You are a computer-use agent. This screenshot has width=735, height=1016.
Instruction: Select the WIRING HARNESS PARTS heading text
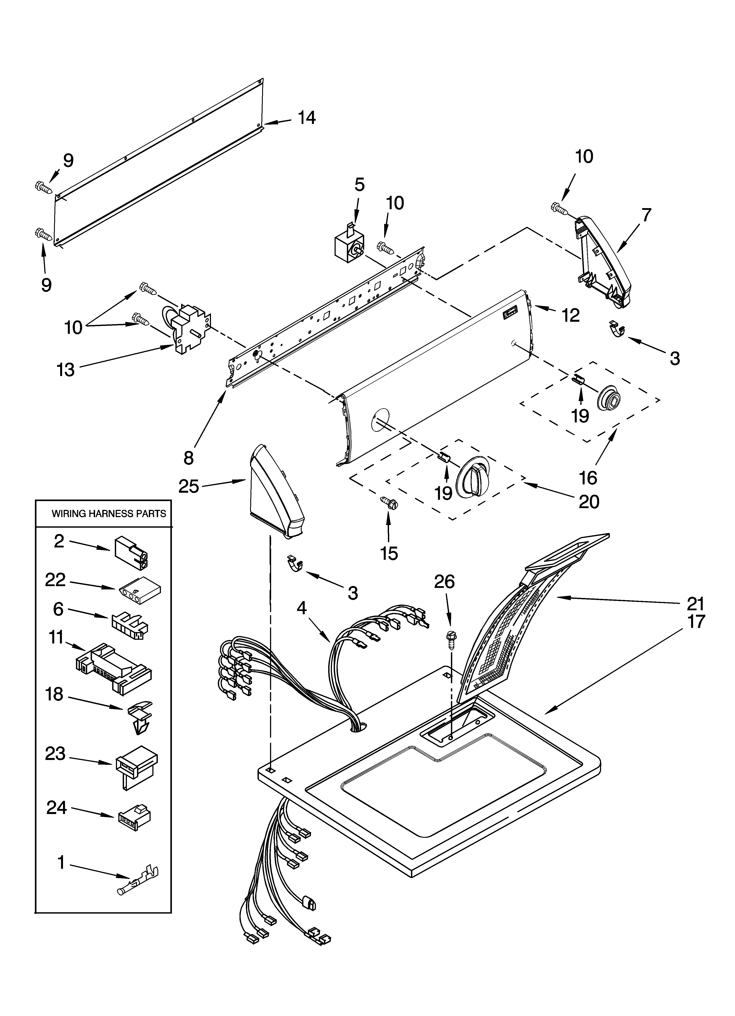pos(109,514)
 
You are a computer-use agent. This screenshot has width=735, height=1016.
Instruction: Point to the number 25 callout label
pos(188,486)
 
